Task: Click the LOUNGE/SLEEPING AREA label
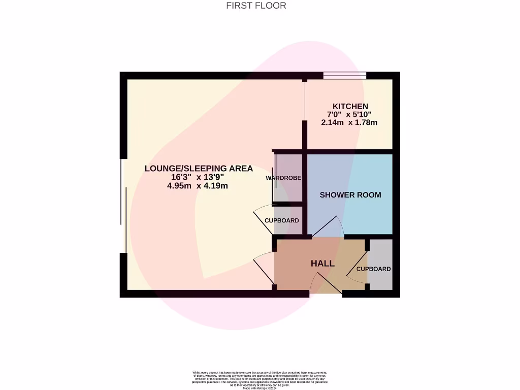tap(199, 169)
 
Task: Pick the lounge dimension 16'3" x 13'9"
tap(198, 177)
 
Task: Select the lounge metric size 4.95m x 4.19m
tap(198, 186)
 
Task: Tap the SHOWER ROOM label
tap(350, 195)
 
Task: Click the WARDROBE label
tap(283, 178)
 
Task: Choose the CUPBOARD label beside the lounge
tap(282, 221)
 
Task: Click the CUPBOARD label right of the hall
tap(373, 269)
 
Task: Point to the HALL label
tap(322, 264)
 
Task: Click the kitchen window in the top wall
tap(345, 76)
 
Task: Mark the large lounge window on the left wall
tap(123, 206)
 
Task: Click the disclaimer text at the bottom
tap(259, 379)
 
